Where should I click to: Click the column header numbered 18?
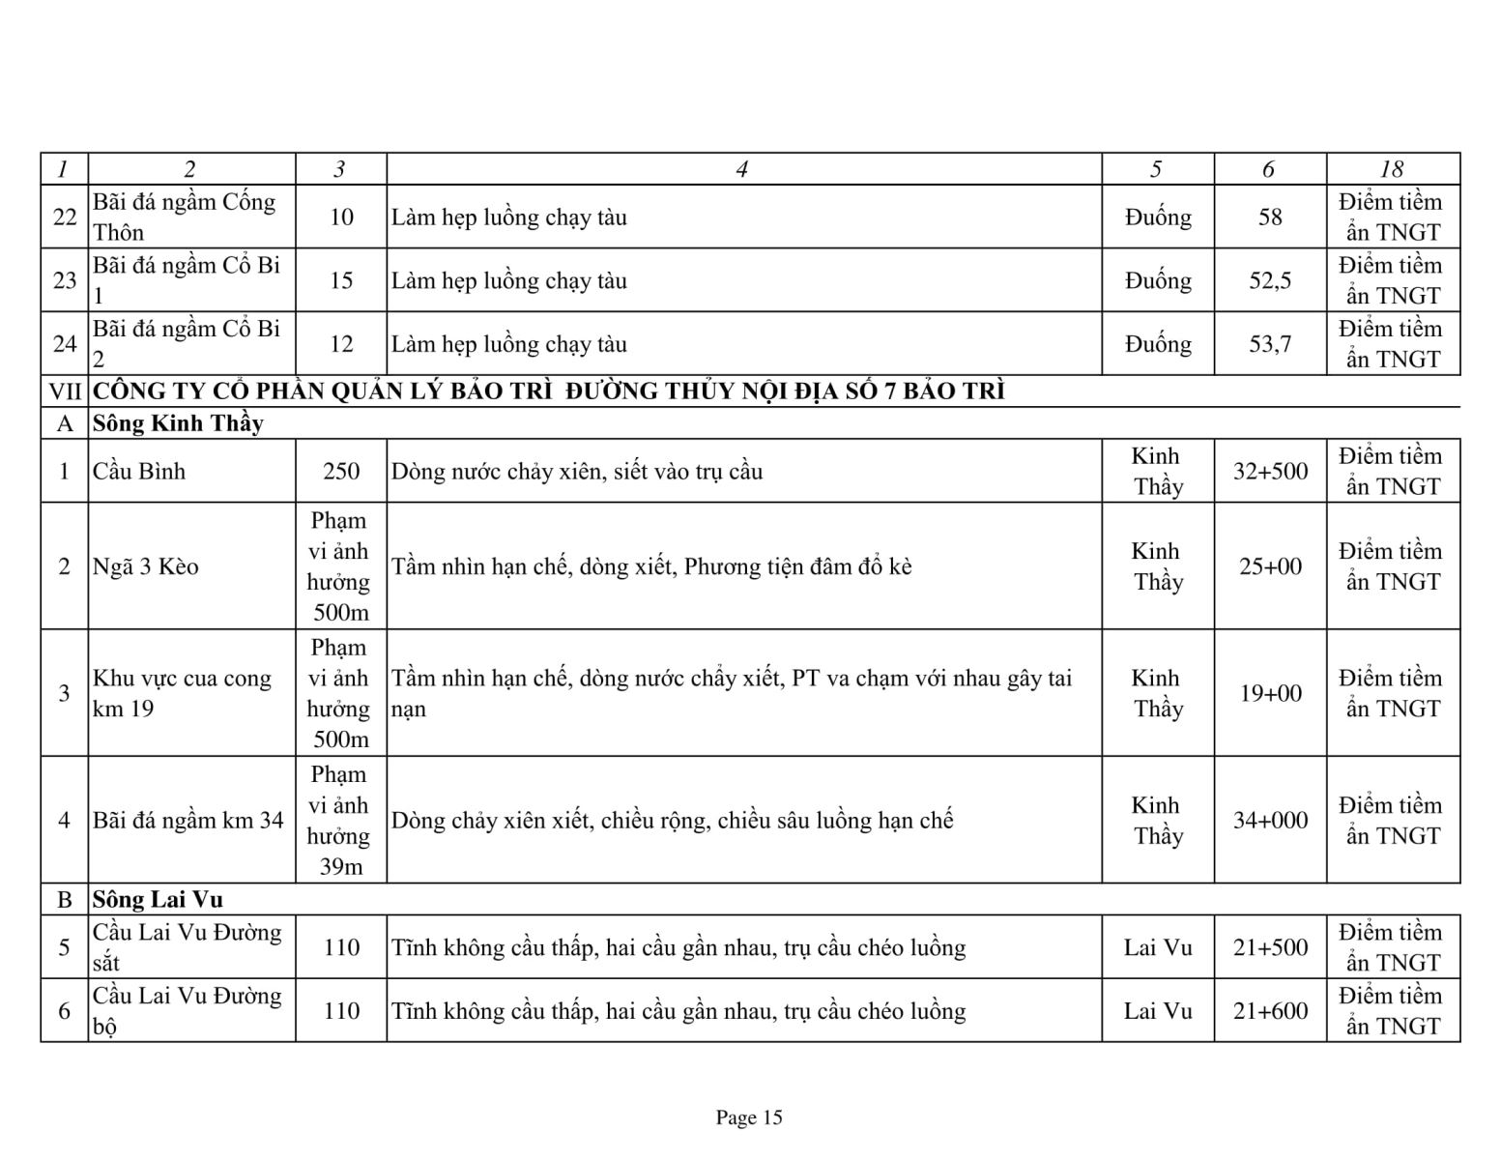(x=1392, y=169)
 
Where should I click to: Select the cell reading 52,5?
(x=1270, y=280)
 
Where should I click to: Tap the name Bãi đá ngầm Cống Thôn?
(x=185, y=217)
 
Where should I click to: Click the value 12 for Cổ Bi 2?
(x=341, y=344)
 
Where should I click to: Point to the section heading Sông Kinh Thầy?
(x=178, y=423)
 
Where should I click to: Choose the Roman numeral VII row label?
(x=65, y=391)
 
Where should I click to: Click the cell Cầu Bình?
(x=139, y=472)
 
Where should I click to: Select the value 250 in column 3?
(x=341, y=472)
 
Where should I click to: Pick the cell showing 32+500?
(x=1270, y=472)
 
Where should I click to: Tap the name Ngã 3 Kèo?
(x=146, y=566)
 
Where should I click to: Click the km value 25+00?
(x=1270, y=566)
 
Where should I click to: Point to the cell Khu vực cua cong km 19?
(x=182, y=693)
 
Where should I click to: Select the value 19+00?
(x=1270, y=693)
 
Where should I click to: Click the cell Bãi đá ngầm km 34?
(x=188, y=821)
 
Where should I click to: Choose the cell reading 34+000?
(x=1270, y=821)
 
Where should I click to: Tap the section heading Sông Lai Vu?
(x=158, y=900)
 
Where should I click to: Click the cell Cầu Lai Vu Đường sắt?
(x=187, y=947)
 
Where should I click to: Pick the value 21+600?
(x=1270, y=1011)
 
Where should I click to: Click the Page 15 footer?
(x=749, y=1118)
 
